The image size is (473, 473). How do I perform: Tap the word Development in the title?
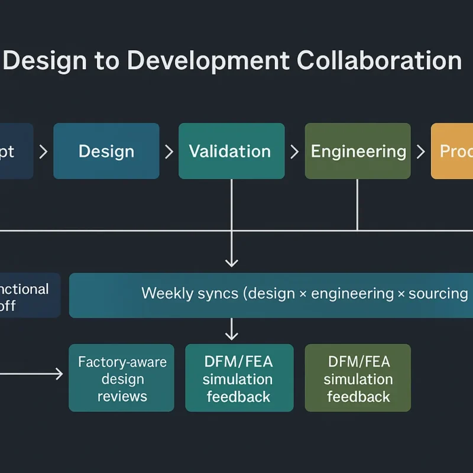tap(210, 61)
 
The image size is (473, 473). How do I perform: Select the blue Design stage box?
tap(106, 151)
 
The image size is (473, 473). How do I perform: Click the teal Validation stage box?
tap(231, 151)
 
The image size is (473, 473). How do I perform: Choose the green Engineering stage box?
tap(358, 151)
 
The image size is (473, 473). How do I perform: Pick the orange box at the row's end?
tap(452, 151)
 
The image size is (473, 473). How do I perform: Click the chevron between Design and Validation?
tap(169, 152)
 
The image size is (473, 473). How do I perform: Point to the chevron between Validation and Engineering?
tap(294, 152)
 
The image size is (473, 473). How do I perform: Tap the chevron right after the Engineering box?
tap(420, 152)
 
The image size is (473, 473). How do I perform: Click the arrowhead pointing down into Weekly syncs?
tap(232, 261)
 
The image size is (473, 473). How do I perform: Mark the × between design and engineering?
tap(303, 294)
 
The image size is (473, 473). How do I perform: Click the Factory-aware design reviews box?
tap(122, 378)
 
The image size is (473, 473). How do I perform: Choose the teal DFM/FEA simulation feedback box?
tap(239, 378)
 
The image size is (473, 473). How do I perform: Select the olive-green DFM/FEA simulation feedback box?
tap(358, 378)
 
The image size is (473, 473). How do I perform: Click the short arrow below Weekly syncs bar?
tap(232, 329)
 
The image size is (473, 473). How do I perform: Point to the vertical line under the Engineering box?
tap(357, 204)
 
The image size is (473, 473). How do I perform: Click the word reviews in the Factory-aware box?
tap(122, 396)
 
